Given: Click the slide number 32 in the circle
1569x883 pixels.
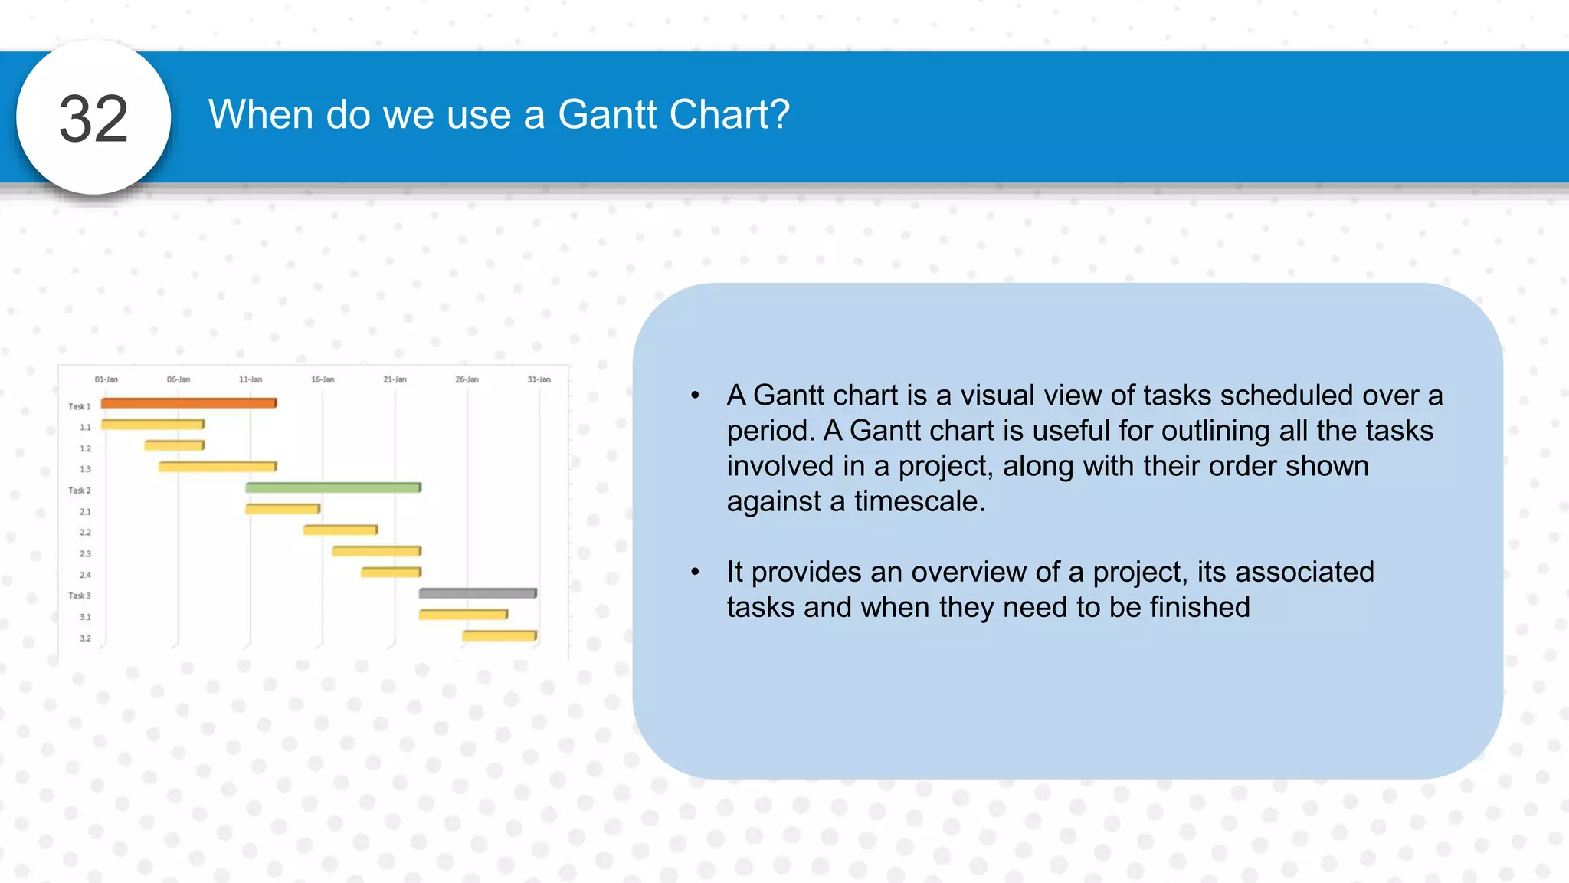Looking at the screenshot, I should click(93, 119).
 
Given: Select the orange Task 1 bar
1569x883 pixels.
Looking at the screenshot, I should click(188, 402).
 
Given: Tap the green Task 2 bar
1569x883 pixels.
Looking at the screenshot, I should click(332, 487).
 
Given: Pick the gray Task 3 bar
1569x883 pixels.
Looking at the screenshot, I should click(477, 592).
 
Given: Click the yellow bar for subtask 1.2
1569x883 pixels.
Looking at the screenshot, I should click(174, 445).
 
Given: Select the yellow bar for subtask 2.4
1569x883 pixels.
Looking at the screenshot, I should click(391, 572).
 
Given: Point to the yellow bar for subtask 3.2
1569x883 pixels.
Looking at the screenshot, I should click(499, 635).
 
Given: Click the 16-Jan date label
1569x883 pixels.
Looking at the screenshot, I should click(323, 379).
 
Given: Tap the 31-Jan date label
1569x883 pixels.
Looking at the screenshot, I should click(539, 379).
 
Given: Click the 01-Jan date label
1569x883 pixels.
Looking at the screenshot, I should click(106, 379).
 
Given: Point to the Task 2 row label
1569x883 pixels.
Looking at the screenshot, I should click(79, 491).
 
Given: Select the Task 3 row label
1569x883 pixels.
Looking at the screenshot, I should click(79, 596).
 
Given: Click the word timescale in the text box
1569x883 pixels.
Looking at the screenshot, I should click(919, 501).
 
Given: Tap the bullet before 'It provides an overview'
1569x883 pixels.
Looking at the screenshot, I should click(696, 572).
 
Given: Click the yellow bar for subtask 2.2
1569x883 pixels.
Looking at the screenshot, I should click(340, 530).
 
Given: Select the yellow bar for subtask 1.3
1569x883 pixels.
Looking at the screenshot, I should click(217, 466).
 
